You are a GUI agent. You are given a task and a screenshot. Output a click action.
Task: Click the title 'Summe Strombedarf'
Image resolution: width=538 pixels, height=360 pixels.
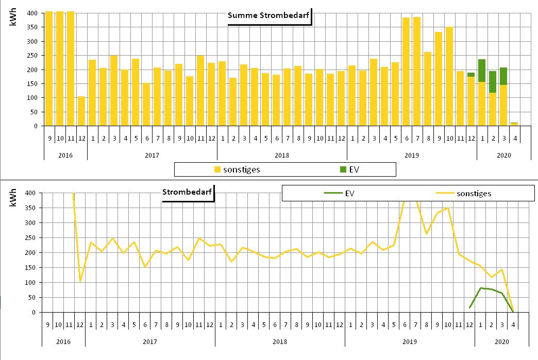pyautogui.click(x=268, y=15)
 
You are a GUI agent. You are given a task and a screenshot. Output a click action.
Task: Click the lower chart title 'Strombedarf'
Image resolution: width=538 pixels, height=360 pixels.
pyautogui.click(x=187, y=193)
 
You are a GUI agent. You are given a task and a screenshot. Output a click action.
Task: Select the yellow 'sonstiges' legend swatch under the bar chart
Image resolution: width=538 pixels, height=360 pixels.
pyautogui.click(x=217, y=169)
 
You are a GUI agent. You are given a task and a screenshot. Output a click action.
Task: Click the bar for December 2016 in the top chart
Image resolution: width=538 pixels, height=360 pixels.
pyautogui.click(x=81, y=111)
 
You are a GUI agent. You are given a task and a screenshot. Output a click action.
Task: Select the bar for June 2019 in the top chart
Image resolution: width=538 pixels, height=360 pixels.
pyautogui.click(x=406, y=72)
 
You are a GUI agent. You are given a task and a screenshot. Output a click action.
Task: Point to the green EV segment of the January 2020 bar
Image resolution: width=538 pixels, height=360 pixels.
pyautogui.click(x=482, y=71)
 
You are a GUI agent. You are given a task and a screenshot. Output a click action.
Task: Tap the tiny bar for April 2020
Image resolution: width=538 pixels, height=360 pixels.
pyautogui.click(x=514, y=124)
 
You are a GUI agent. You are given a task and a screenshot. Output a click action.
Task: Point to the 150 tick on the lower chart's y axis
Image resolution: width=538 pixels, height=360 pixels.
pyautogui.click(x=31, y=268)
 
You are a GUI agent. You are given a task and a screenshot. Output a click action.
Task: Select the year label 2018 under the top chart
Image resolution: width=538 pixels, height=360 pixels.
pyautogui.click(x=281, y=155)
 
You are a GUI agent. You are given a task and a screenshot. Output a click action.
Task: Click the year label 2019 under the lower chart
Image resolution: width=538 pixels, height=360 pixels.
pyautogui.click(x=409, y=341)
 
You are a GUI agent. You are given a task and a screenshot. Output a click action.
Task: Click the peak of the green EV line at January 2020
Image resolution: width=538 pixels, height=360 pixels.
pyautogui.click(x=481, y=288)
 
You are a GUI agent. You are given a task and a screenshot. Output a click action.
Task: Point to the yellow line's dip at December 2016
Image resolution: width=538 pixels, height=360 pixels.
pyautogui.click(x=80, y=281)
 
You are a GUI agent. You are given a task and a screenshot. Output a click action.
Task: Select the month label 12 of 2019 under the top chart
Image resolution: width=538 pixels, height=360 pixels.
pyautogui.click(x=471, y=138)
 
